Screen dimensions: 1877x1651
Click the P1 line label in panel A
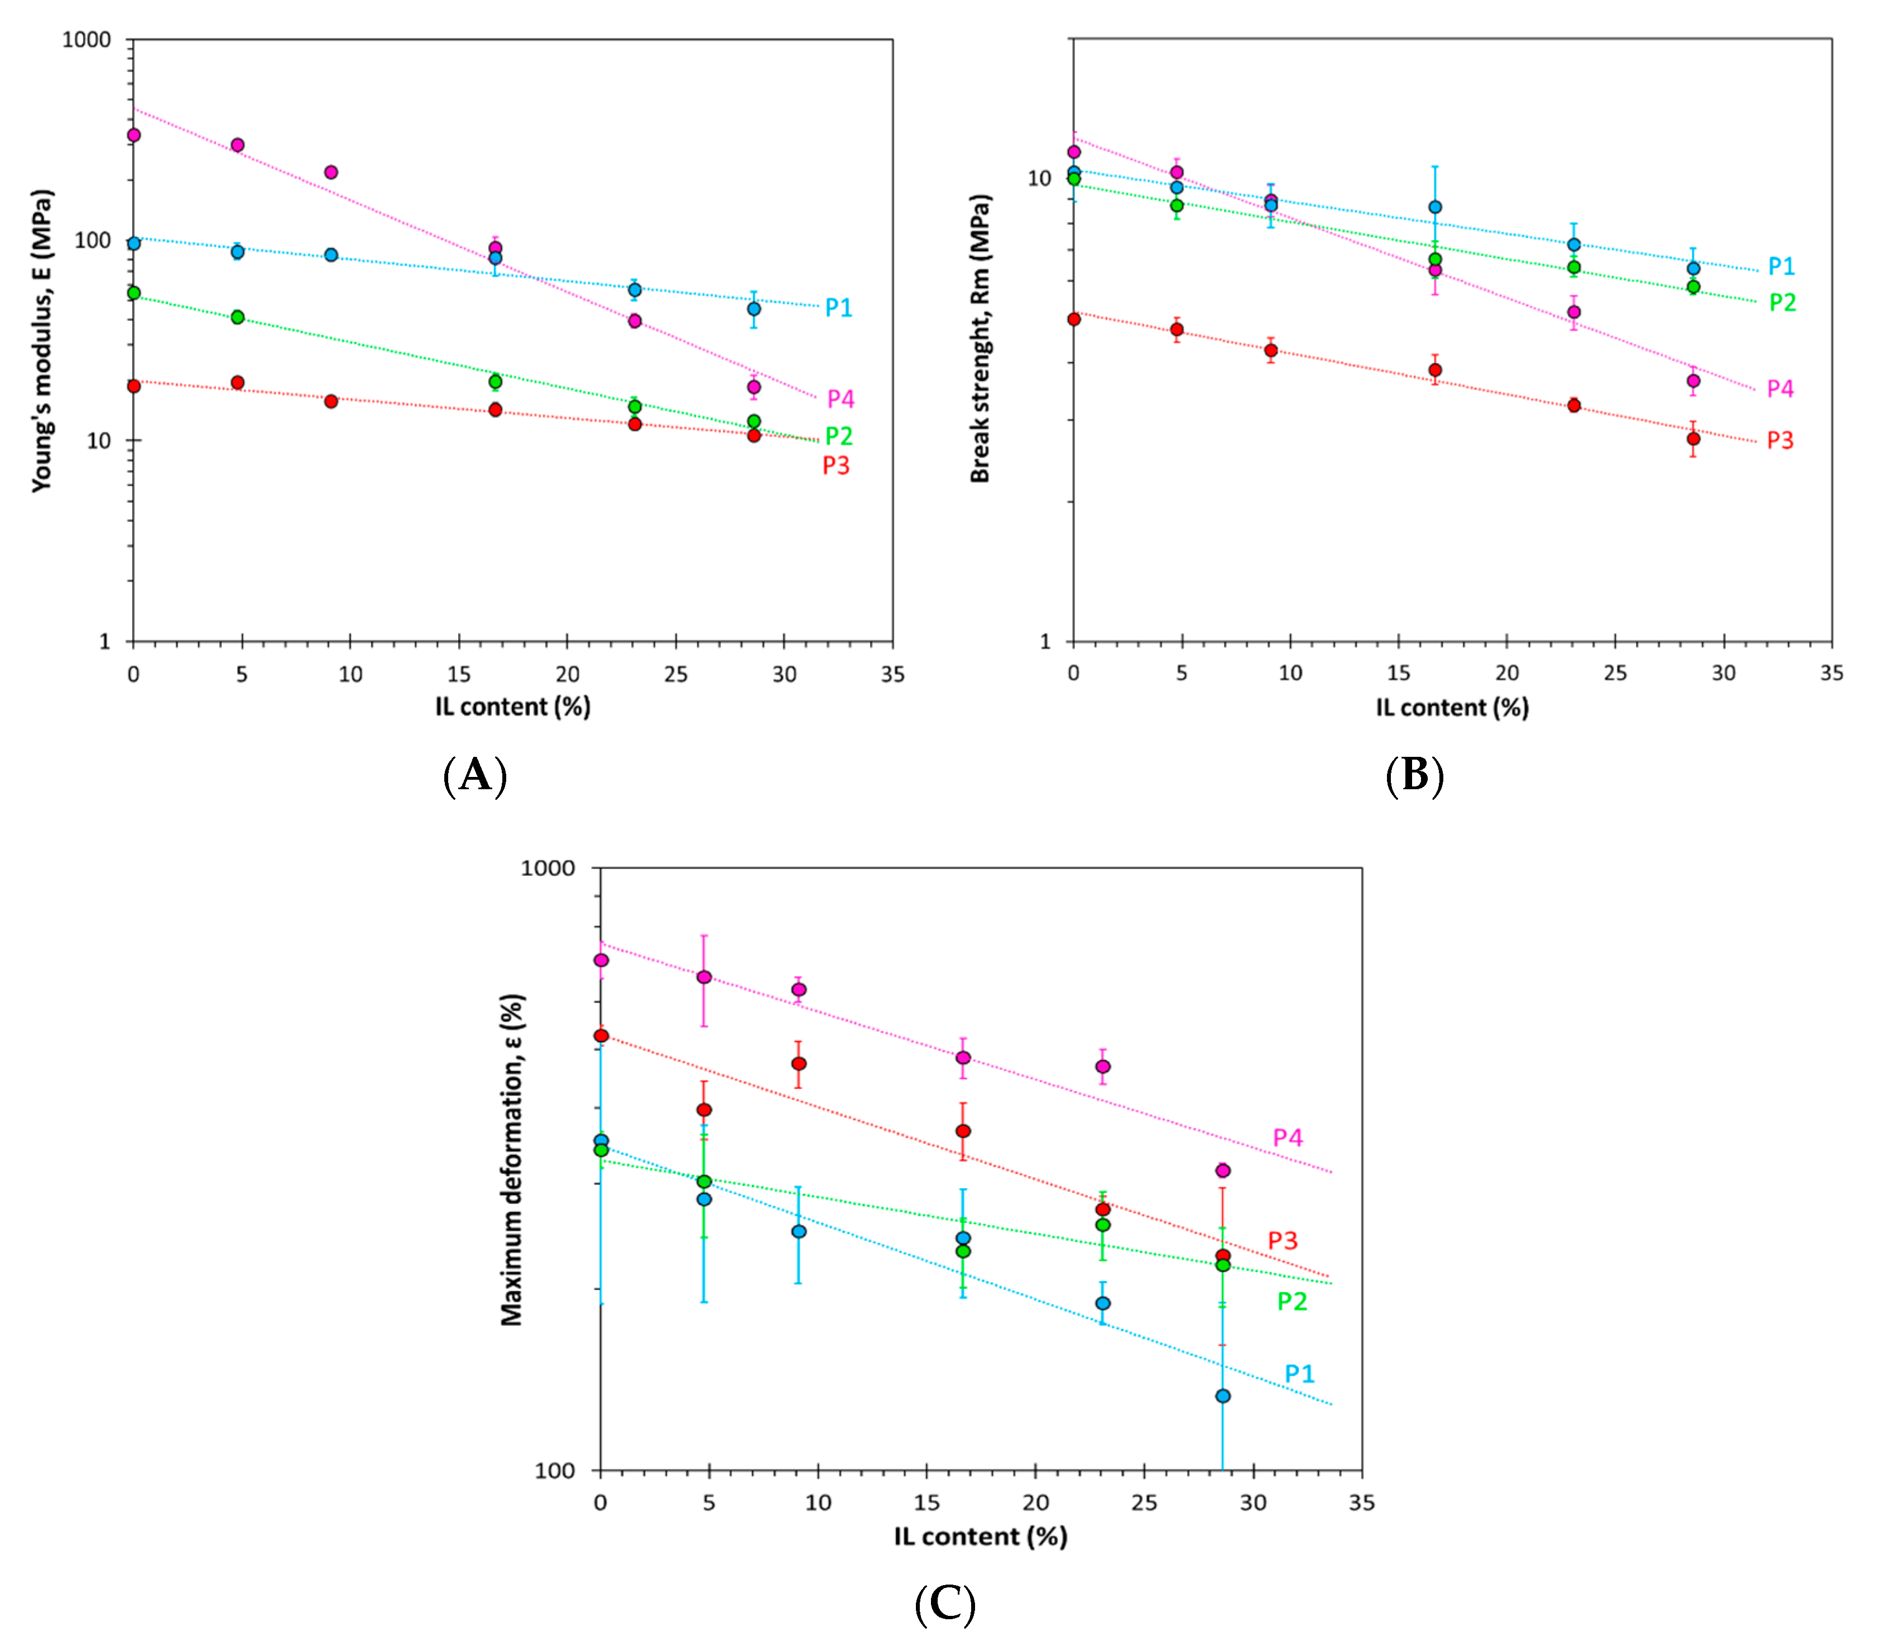pos(838,308)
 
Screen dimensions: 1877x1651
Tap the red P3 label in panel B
pos(1780,441)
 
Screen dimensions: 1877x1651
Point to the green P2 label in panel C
pos(1292,1301)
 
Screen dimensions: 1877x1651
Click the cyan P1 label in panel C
pos(1299,1374)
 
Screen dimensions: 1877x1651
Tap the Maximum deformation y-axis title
pos(511,1160)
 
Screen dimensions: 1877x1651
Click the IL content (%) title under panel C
pos(981,1535)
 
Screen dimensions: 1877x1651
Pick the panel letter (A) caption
pos(475,776)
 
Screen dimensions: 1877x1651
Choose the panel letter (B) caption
pos(1414,776)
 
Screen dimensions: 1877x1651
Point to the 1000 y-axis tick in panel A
pos(87,40)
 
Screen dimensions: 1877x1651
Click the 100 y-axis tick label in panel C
pos(555,1470)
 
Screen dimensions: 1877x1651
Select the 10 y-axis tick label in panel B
pos(1039,178)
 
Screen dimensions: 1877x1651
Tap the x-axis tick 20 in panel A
pos(568,674)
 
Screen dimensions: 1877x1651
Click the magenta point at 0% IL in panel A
pos(134,135)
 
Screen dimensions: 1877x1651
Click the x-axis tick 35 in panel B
pos(1832,673)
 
